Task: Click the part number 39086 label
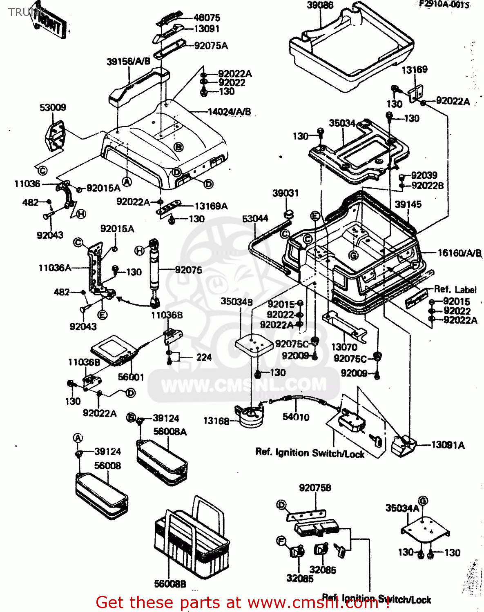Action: point(320,5)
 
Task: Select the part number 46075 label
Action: point(207,18)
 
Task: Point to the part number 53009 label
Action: point(53,107)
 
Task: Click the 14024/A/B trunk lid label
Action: point(229,112)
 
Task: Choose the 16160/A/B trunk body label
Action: point(459,253)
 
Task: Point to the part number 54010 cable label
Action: point(296,417)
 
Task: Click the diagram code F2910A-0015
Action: point(444,4)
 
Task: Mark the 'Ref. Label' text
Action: point(455,289)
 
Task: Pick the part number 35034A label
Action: point(402,508)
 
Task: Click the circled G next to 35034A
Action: point(423,501)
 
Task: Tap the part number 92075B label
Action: point(315,488)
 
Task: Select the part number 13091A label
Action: point(448,445)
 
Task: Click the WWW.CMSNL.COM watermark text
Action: point(244,384)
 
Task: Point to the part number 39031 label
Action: point(285,193)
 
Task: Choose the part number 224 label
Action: point(204,357)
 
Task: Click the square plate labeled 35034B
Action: point(254,344)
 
